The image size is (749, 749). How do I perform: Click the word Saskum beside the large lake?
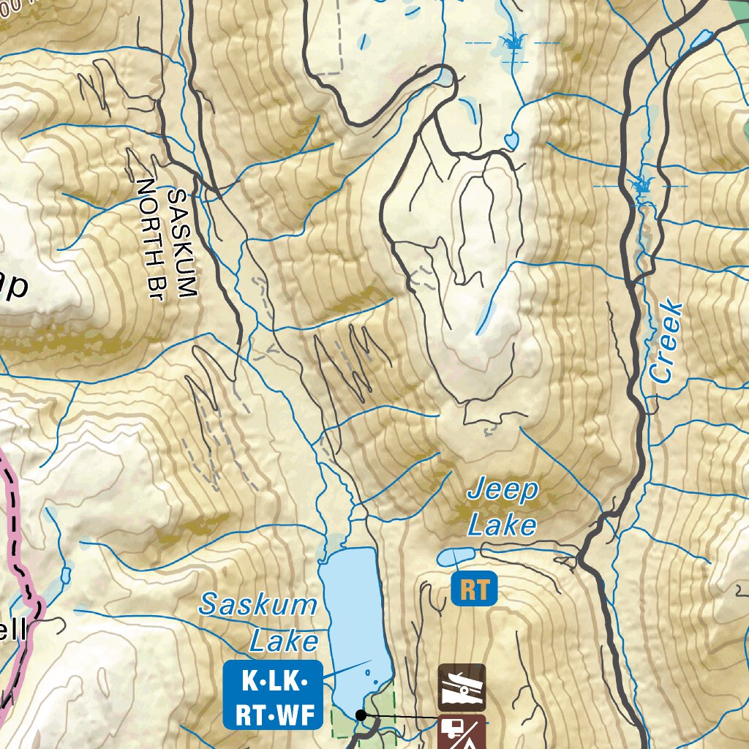point(258,606)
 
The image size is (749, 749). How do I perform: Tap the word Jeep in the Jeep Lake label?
point(503,491)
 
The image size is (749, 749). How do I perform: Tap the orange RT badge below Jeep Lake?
point(474,590)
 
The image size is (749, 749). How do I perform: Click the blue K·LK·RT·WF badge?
point(272,695)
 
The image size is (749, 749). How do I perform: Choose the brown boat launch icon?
point(462,688)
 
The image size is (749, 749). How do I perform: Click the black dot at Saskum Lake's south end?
point(361,715)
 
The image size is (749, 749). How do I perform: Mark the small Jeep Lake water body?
point(455,557)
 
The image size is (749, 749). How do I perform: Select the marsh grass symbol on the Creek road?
point(643,184)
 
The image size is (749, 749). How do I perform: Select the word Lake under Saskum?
point(284,642)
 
